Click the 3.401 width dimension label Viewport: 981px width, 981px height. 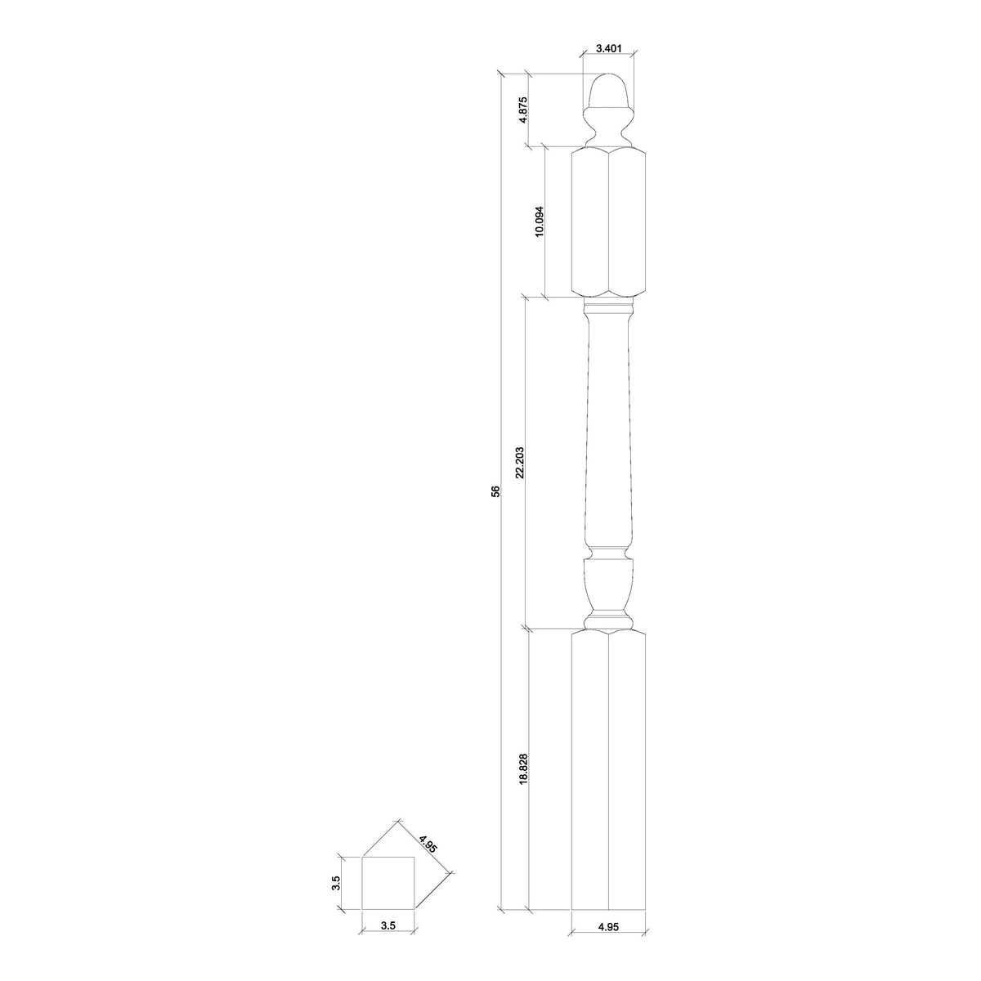(608, 48)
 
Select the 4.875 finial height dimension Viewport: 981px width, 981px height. (523, 110)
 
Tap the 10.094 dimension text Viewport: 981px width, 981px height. (539, 222)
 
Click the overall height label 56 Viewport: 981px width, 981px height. (495, 491)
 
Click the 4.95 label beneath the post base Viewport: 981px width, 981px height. (608, 950)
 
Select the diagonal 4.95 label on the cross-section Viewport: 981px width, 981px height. (428, 843)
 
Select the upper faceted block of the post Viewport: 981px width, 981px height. (608, 222)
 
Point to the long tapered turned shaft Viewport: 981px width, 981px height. (608, 425)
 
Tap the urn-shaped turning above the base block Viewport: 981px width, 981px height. (608, 585)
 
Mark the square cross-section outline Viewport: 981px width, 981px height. (388, 883)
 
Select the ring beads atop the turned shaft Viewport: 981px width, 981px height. (608, 309)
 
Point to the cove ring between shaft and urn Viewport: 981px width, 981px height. (608, 551)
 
